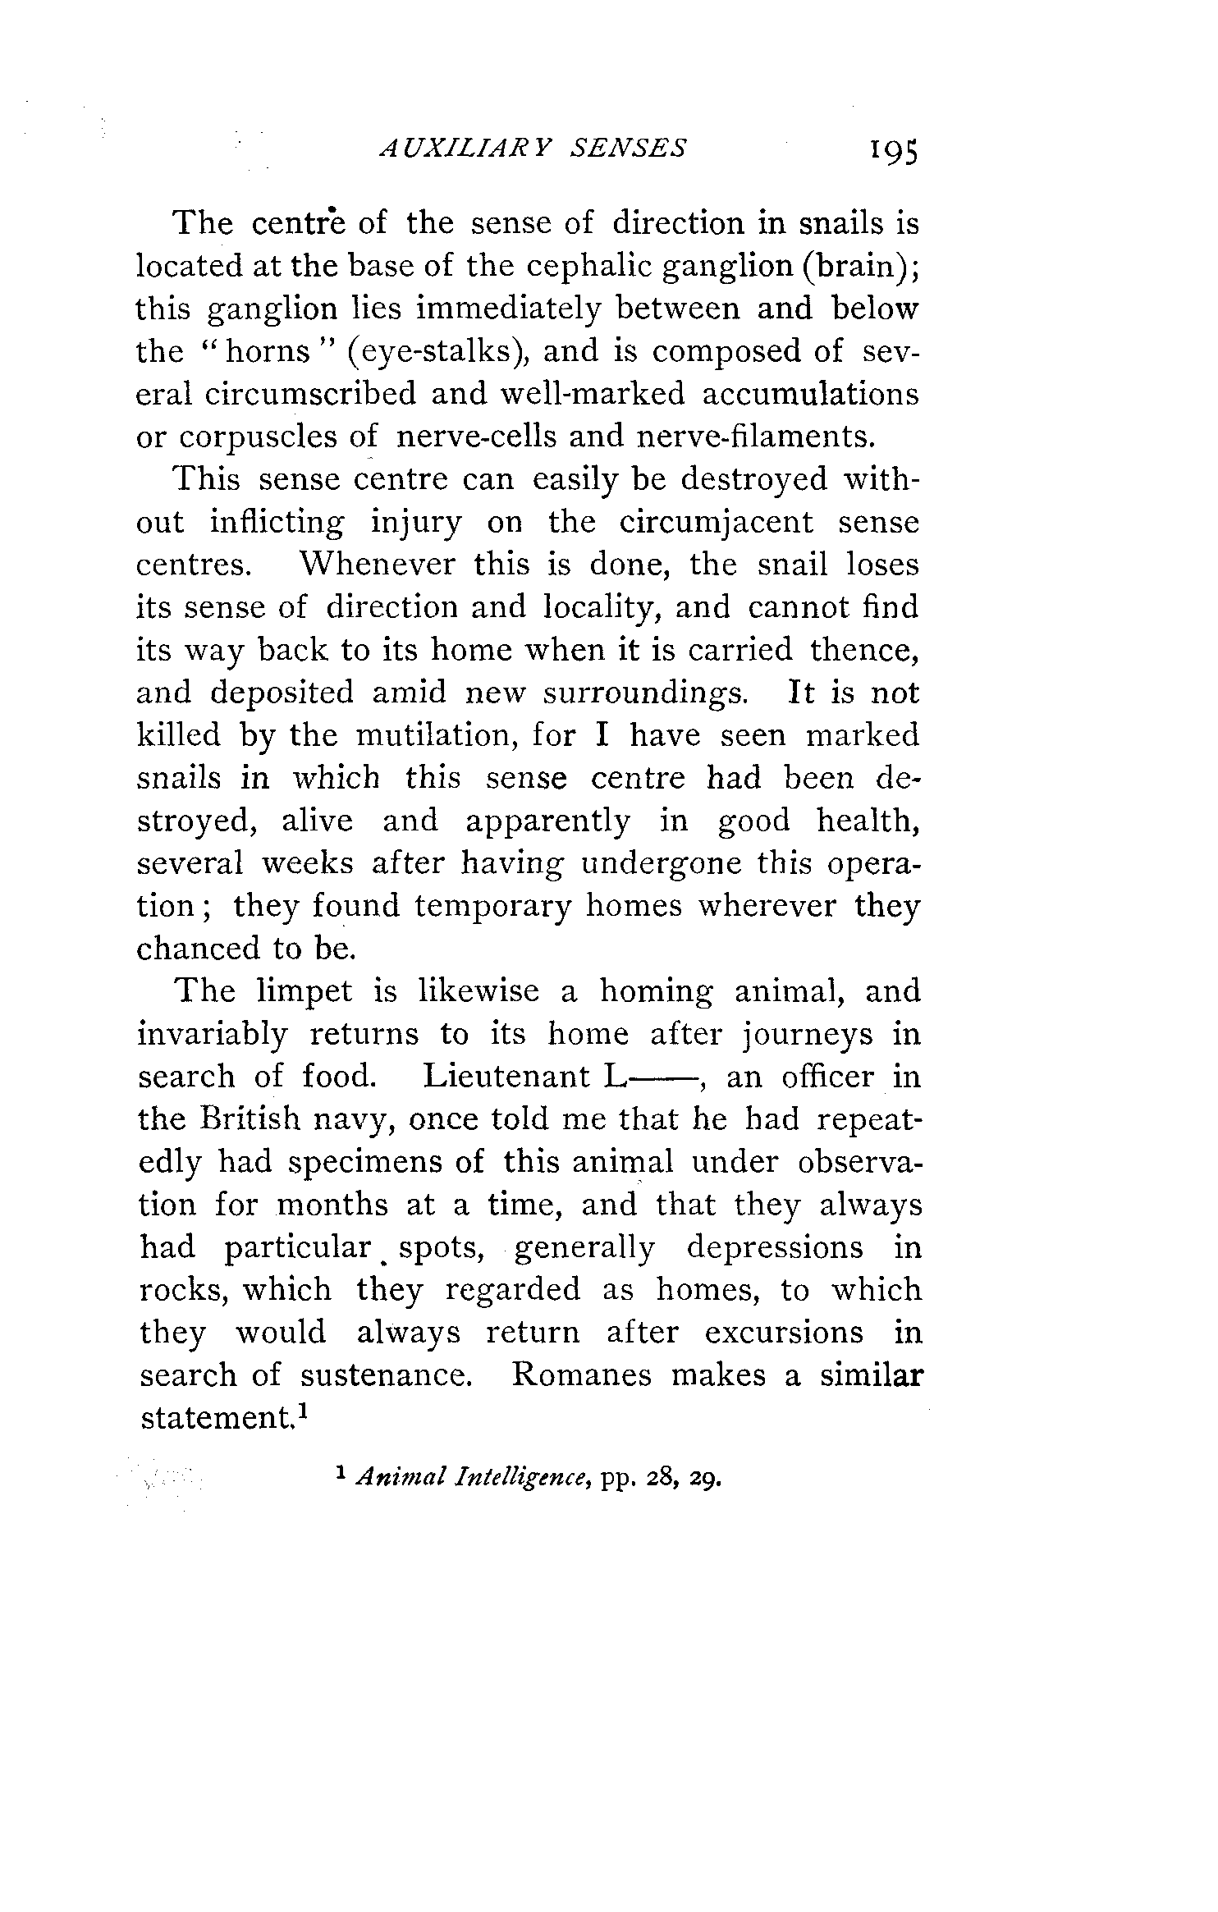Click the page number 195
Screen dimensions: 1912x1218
(x=884, y=150)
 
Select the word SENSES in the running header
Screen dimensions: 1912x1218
(x=629, y=148)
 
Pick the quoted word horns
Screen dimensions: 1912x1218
(x=267, y=352)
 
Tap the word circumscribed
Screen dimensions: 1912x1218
(x=310, y=395)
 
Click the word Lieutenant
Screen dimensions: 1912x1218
(x=506, y=1077)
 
